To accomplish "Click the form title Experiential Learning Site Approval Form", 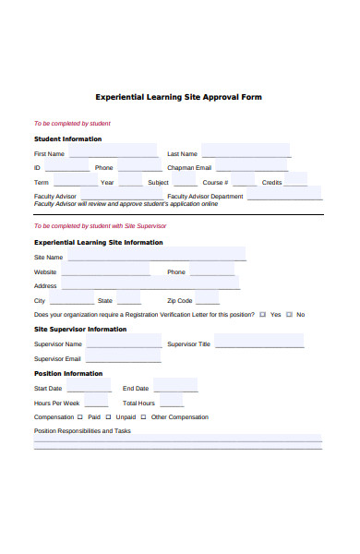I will (x=179, y=96).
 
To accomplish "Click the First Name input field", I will (x=111, y=152).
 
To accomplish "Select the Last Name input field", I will (x=245, y=152).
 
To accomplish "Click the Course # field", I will (x=244, y=182).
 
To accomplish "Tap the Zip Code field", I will (x=208, y=300).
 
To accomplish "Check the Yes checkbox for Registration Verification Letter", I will (x=263, y=315).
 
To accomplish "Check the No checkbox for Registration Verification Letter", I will (x=290, y=315).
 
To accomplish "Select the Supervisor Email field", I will (x=123, y=358).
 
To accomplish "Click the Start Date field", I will (x=90, y=388).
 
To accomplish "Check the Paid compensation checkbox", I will (x=82, y=417).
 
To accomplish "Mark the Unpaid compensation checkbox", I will (x=110, y=417).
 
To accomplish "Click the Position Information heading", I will (x=68, y=374).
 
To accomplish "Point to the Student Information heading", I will (x=68, y=139).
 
